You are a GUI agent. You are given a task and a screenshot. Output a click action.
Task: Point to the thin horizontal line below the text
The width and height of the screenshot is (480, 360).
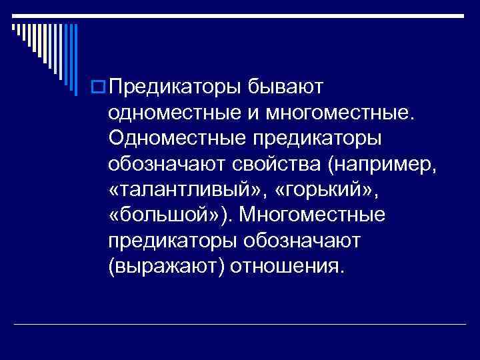240,324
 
